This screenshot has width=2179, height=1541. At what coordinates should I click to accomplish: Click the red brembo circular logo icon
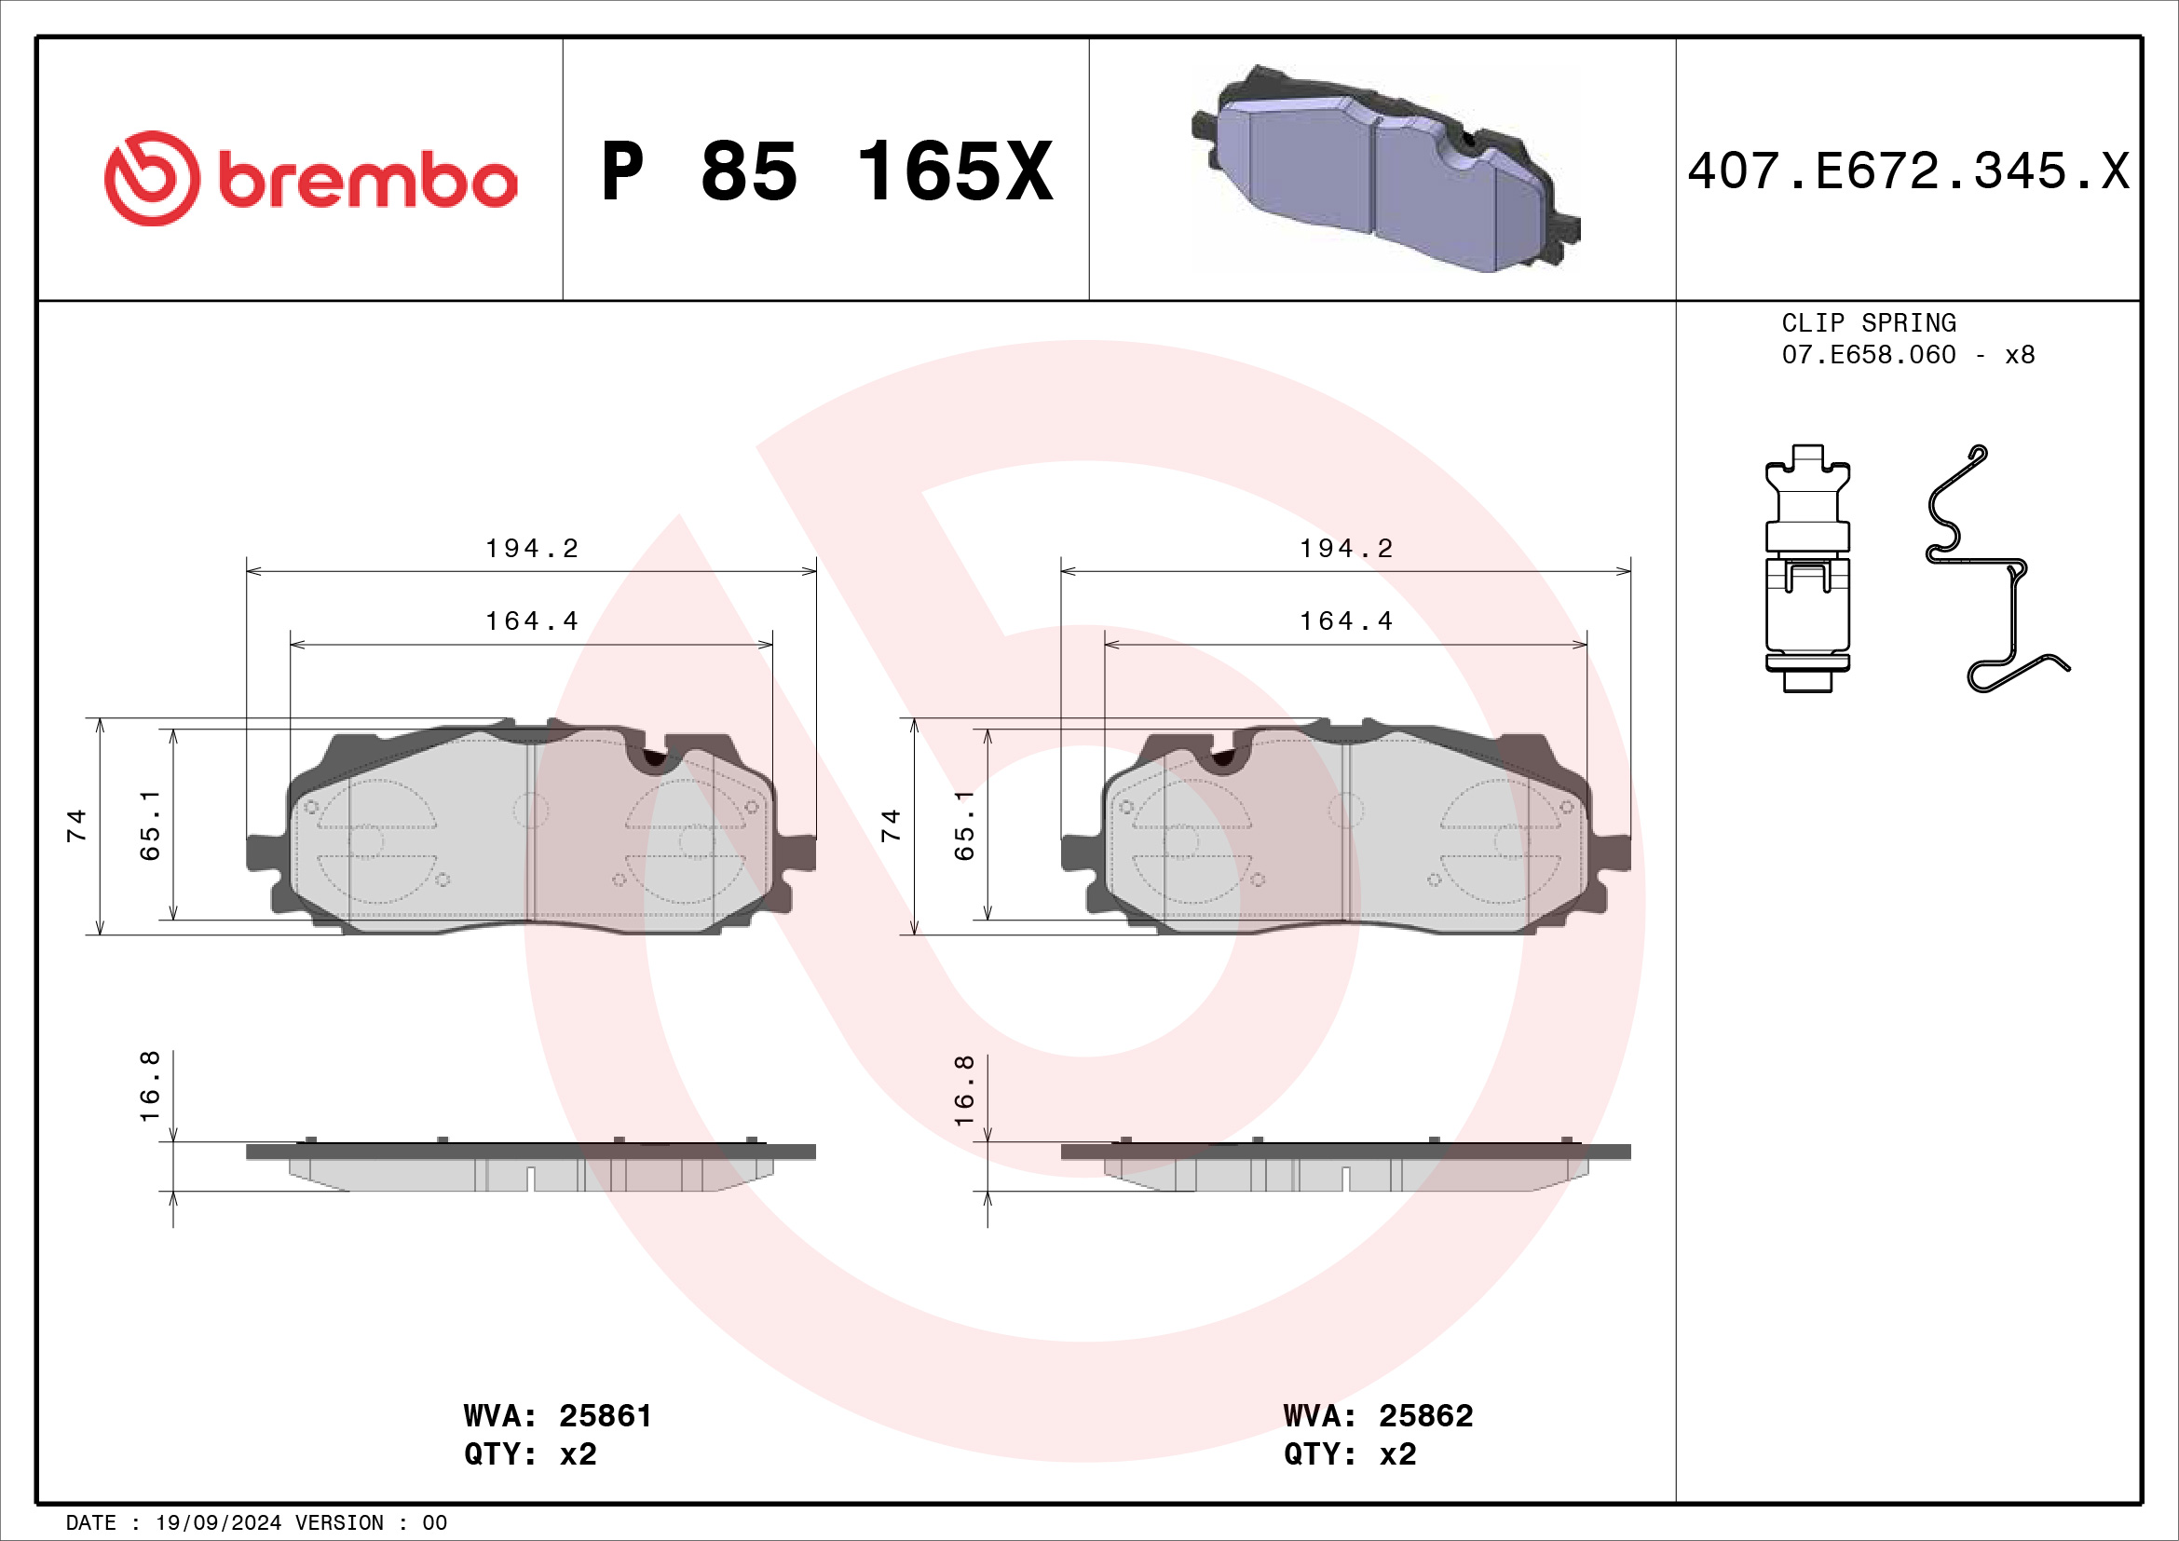pos(152,178)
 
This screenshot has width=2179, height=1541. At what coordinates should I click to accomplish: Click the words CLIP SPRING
pos(1868,323)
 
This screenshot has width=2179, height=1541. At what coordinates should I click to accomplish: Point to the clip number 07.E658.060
pos(1868,355)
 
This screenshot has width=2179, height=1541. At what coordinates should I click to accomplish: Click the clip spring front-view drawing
pos(1807,569)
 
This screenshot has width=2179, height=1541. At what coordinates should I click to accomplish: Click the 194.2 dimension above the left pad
pos(531,549)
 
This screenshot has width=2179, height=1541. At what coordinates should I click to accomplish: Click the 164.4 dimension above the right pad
pos(1346,621)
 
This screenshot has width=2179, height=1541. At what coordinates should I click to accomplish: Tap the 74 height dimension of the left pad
pos(75,825)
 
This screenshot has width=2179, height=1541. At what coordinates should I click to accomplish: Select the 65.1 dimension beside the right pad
pos(964,825)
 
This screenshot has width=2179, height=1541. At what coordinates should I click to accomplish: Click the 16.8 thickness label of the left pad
pos(150,1086)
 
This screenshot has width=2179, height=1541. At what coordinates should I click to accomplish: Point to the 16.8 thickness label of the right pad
pos(964,1090)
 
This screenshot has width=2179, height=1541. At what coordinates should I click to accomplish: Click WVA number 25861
pos(605,1416)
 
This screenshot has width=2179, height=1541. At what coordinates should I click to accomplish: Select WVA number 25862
pos(1425,1416)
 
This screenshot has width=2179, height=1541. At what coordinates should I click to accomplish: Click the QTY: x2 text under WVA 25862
pos(1350,1453)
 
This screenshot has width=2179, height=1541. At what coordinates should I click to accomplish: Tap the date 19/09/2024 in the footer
pos(217,1523)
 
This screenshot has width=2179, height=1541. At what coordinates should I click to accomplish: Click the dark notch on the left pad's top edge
pos(655,757)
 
